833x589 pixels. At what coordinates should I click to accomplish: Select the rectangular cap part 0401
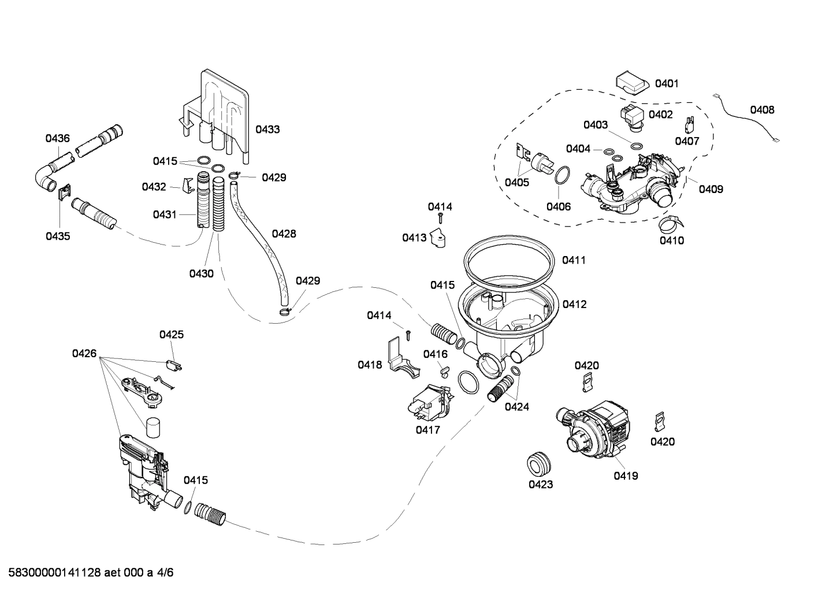tap(631, 82)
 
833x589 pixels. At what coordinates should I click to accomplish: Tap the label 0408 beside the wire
tap(762, 110)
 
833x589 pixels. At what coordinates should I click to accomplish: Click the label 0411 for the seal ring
tap(574, 260)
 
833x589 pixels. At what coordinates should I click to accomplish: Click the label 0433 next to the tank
tap(267, 129)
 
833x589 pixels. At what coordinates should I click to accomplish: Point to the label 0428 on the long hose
tap(284, 234)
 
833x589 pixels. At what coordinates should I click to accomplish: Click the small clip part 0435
tap(64, 191)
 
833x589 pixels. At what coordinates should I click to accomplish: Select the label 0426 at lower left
tap(84, 353)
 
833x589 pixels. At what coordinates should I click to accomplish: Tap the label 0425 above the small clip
tap(172, 335)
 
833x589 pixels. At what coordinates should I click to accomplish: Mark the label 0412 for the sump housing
tap(574, 304)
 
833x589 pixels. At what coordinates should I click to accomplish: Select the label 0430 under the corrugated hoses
tap(201, 273)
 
